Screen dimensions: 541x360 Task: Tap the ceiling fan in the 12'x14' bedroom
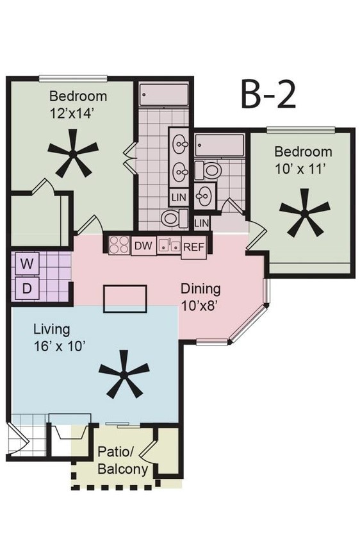(x=73, y=153)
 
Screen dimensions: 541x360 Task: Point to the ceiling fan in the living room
(x=124, y=373)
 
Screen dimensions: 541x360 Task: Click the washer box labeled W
(x=26, y=263)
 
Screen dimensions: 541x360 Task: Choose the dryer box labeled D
(x=26, y=288)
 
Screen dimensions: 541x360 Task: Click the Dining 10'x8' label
(x=200, y=296)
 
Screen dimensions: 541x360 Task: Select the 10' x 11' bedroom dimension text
(x=302, y=169)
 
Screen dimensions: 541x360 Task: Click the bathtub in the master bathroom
(x=164, y=96)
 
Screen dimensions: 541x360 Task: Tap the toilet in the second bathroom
(x=208, y=170)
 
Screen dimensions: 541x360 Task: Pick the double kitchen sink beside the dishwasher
(x=169, y=245)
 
